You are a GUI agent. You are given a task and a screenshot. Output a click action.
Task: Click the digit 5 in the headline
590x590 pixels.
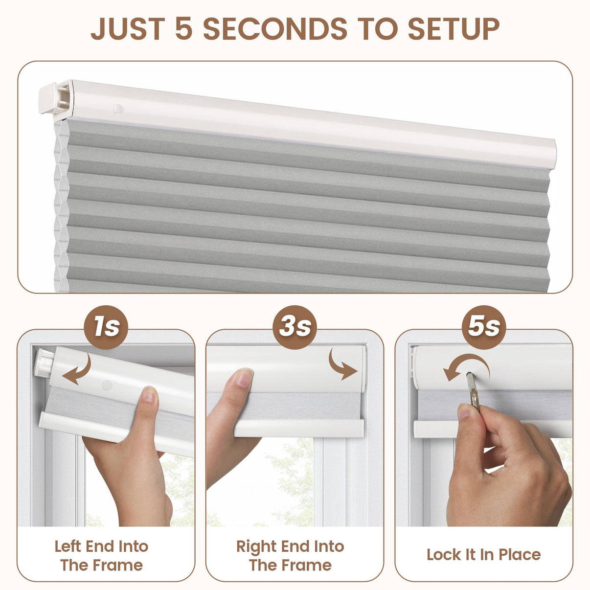coord(184,28)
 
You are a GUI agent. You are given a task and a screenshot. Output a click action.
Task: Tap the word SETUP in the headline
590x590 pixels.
coord(454,28)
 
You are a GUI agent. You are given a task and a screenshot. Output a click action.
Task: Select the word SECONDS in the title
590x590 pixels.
coord(275,28)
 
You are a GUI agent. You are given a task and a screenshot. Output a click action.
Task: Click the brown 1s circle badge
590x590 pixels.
coord(106,327)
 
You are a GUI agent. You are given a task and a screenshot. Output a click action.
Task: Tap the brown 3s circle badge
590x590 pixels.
coord(295,327)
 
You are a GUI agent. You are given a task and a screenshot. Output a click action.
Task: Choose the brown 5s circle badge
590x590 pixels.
coord(484,327)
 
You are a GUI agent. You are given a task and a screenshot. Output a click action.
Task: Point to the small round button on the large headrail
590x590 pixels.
coord(117,109)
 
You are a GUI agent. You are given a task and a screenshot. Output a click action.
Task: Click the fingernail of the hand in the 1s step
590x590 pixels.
coord(149,395)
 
